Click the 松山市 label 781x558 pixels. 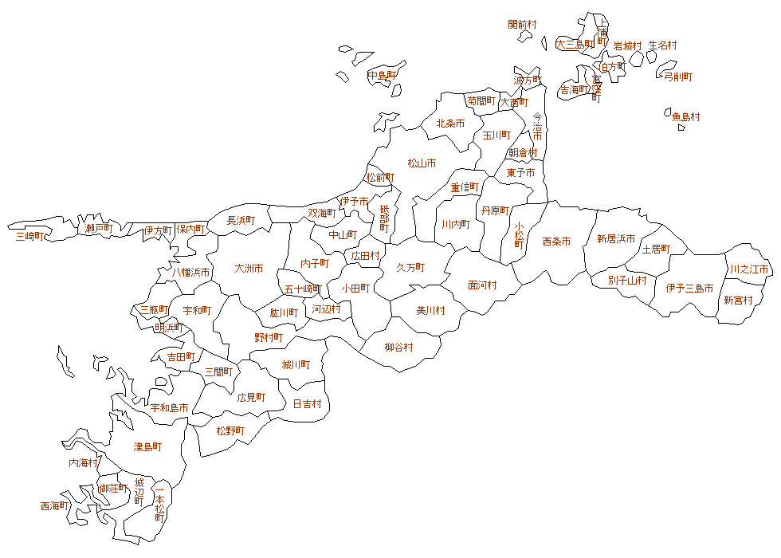click(422, 163)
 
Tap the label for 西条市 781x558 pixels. click(556, 241)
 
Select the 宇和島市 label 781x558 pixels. click(170, 408)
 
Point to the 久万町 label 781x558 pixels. click(410, 267)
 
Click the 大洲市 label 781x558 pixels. click(249, 269)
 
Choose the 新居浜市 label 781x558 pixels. click(616, 238)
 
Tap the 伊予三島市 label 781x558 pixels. click(689, 289)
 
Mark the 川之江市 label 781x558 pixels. click(749, 269)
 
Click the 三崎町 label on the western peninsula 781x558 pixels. click(30, 235)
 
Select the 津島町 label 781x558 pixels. click(147, 447)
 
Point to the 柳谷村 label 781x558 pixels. click(398, 347)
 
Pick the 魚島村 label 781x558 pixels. click(685, 116)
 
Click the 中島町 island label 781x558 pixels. click(383, 76)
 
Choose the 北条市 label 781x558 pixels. click(450, 124)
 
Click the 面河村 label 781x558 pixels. click(482, 285)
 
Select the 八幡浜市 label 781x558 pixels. click(192, 273)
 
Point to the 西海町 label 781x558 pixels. click(54, 505)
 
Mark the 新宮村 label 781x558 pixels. click(738, 301)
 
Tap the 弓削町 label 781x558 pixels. click(678, 77)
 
